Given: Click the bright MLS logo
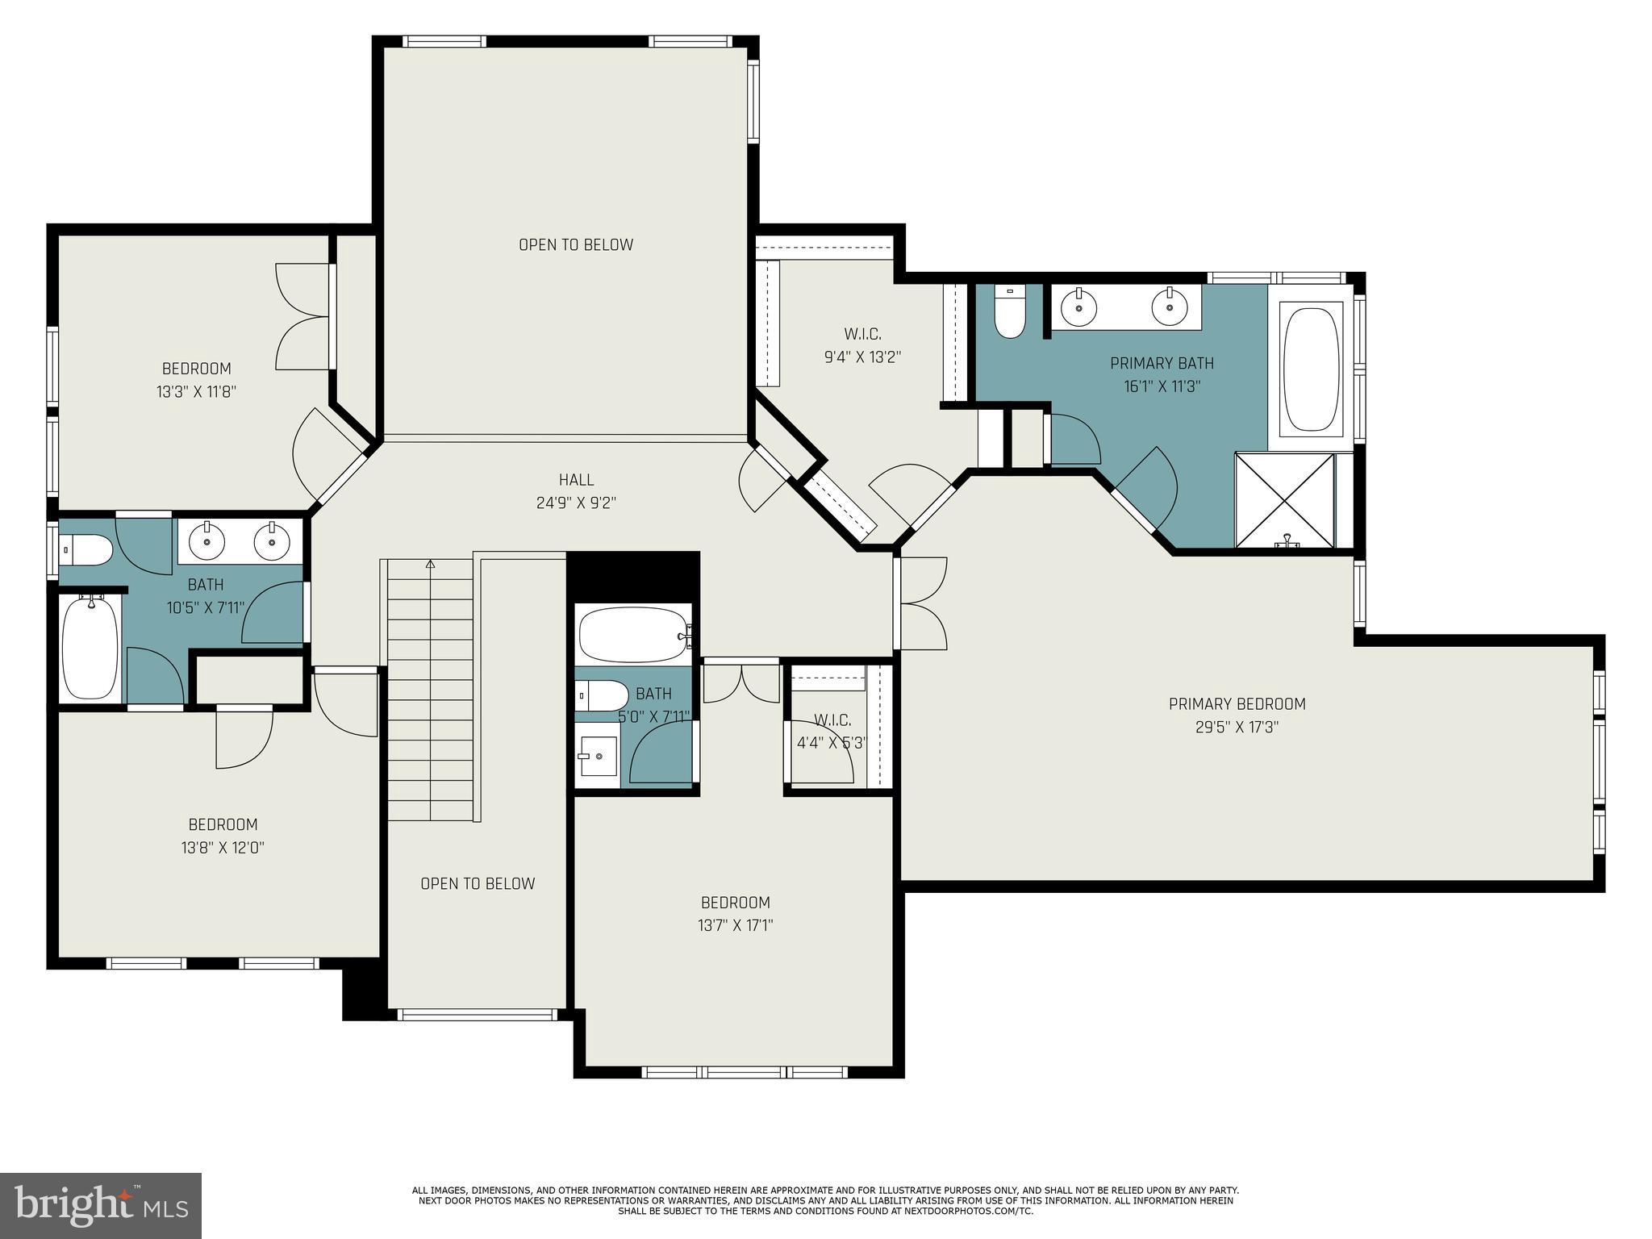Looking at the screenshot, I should pos(100,1205).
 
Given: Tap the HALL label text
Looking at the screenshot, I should pos(576,480).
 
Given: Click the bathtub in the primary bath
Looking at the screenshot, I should pos(1311,367).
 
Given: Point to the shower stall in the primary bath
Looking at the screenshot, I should pos(1285,501).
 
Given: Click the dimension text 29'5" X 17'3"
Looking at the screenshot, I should pos(1237,727).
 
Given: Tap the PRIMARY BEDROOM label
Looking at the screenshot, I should pos(1237,703).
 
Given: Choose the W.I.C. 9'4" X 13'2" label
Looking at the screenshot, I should pos(862,345).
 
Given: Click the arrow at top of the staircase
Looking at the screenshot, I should pos(430,564).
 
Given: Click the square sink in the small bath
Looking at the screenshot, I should pos(598,756).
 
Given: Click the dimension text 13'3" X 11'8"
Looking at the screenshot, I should pos(196,392).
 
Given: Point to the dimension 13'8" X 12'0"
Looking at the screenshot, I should pos(223,848).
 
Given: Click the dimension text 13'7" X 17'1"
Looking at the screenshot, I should pos(735,925).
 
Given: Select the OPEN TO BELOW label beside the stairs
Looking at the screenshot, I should pos(478,883).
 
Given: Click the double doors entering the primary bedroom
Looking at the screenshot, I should pos(922,603).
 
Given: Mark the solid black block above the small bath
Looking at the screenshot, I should pos(632,576).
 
